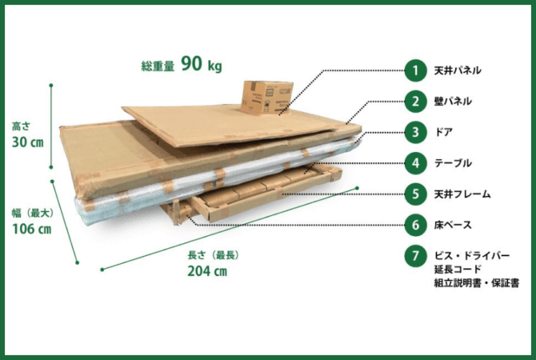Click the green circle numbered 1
pos(415,70)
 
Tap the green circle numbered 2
pos(415,102)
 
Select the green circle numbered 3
pos(415,132)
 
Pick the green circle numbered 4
pos(415,163)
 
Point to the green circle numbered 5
pos(415,194)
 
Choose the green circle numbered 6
pos(415,225)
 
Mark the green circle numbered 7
pos(415,256)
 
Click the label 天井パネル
pos(458,70)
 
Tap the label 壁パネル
pos(453,102)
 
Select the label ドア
pos(443,132)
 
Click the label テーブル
pos(453,163)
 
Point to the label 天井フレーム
pos(462,194)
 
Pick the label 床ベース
pos(453,225)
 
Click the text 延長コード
pos(458,270)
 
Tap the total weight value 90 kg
pos(202,64)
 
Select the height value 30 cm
pos(28,142)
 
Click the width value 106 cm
pos(32,229)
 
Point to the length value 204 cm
pos(207,271)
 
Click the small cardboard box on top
pos(266,98)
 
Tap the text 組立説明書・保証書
pos(477,283)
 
